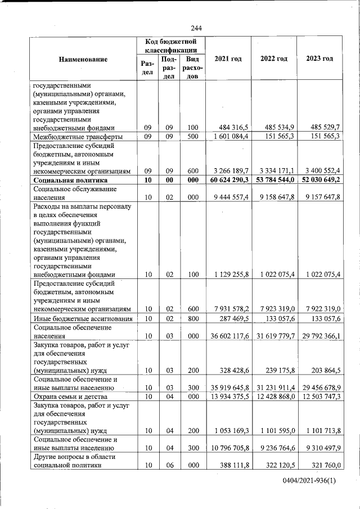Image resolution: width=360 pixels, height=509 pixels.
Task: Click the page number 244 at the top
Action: point(196,29)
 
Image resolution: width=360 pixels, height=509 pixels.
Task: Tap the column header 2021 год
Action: point(228,59)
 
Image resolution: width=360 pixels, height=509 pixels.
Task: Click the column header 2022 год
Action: point(273,59)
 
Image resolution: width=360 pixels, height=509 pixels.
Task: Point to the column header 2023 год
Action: point(319,59)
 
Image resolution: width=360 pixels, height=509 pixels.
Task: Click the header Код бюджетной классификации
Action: point(170,46)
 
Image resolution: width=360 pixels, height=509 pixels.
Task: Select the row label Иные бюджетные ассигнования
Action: point(83,318)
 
